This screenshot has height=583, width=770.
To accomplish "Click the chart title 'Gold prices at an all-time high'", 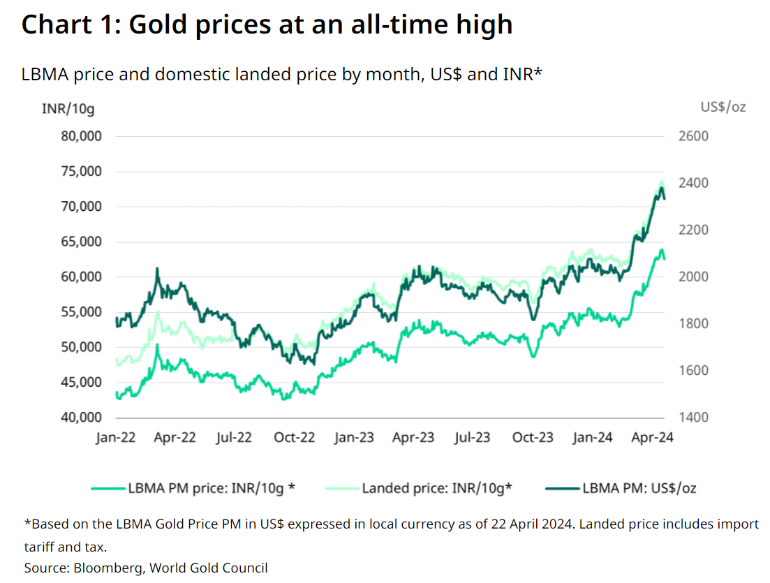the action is pos(321,24).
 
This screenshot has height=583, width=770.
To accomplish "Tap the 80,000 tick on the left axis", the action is pos(81,136).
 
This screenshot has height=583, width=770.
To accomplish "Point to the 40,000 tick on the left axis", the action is pos(81,418).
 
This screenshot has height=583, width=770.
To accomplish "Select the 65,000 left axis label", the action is pos(81,242).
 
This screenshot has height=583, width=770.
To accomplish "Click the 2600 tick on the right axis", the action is pos(693,136).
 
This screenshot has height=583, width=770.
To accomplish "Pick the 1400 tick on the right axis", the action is pos(693,418).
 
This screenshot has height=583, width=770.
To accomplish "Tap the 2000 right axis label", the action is pos(693,276).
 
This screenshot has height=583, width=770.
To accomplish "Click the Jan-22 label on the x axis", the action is pos(116,437).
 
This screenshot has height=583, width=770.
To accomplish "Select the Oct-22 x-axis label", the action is pos(294,437).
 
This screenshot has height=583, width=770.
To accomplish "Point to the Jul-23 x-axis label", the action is pos(473,437).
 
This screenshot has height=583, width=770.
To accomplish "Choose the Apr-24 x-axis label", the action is pos(652,437).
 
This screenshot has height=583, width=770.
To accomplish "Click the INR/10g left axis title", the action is pos(68,108).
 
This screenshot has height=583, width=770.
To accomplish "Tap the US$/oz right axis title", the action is pos(723,107).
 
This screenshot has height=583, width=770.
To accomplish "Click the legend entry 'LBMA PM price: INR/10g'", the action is pos(193,488).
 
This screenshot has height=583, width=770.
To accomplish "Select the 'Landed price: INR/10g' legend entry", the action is pos(418,488).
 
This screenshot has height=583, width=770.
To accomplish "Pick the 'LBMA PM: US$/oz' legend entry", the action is pos(621,488).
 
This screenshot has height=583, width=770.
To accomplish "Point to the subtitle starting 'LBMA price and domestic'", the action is pos(282,75).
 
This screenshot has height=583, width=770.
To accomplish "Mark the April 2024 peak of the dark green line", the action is pos(662,188).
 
